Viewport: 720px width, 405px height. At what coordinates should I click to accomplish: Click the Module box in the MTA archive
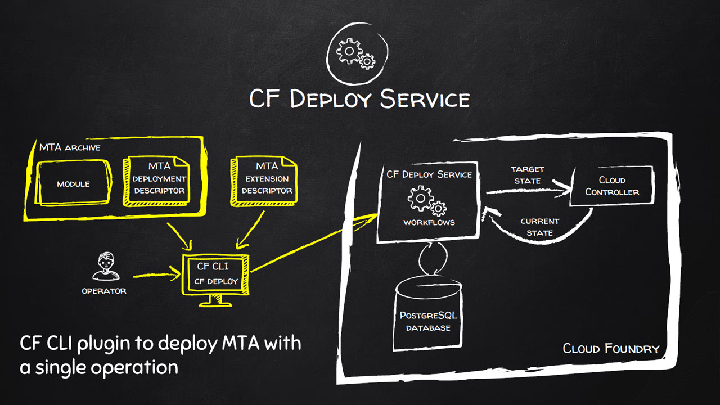tap(74, 183)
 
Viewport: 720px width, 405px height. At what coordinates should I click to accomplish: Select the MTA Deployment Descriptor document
tap(156, 181)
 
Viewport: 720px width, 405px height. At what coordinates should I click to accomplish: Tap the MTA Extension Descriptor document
tap(264, 181)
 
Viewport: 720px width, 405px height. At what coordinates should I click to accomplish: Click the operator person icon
tap(106, 267)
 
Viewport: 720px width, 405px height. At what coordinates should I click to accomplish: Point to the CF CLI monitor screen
tap(215, 274)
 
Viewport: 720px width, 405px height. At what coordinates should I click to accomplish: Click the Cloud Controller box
tap(612, 186)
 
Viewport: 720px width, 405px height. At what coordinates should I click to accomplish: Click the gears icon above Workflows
tap(427, 201)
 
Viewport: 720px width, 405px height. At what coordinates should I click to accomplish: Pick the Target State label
tap(528, 175)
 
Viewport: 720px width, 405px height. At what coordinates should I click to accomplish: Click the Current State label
tap(539, 227)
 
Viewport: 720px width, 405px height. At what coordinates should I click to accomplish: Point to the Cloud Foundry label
tap(611, 349)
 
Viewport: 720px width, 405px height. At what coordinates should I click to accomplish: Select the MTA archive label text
tap(70, 147)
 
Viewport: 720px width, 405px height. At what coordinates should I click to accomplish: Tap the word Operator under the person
tap(104, 291)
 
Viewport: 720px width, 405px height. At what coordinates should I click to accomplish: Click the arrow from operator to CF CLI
tap(157, 275)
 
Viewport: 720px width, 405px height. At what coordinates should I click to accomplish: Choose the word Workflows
tap(429, 222)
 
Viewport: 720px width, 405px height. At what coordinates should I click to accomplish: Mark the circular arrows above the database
tap(433, 258)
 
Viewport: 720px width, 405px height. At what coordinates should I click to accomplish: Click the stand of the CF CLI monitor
tap(215, 301)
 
